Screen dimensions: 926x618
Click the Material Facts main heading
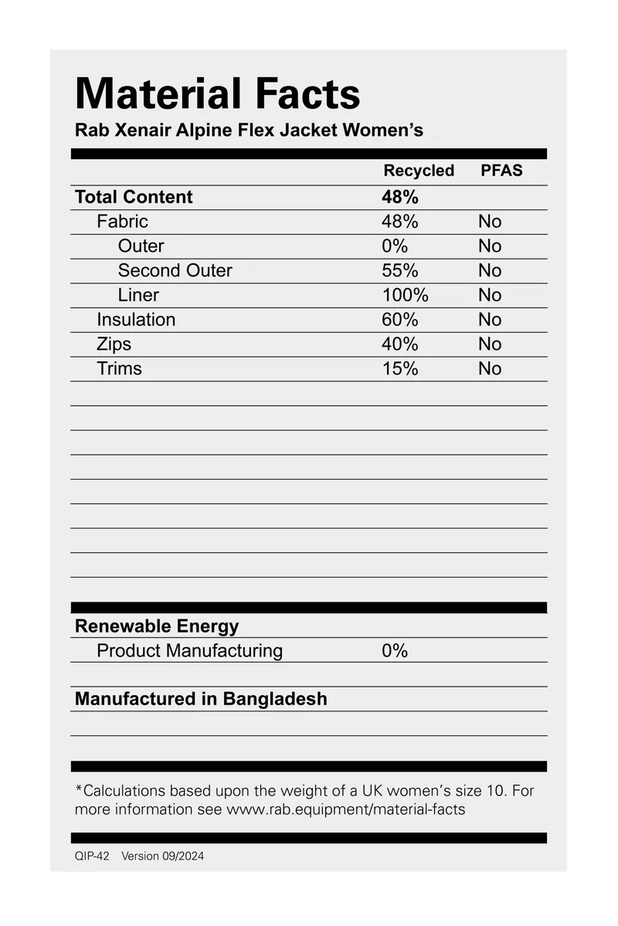tap(218, 94)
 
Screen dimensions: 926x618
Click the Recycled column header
tap(419, 171)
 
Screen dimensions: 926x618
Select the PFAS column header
tap(501, 171)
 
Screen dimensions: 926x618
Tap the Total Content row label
tap(134, 197)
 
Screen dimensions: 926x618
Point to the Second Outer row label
tap(175, 270)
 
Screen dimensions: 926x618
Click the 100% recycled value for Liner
tap(405, 295)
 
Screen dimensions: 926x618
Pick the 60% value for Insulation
tap(400, 320)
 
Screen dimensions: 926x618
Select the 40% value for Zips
tap(400, 344)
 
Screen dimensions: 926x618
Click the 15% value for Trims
tap(400, 369)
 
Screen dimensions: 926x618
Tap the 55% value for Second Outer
tap(400, 270)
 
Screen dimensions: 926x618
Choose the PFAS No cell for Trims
tap(490, 369)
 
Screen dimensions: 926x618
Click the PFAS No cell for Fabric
tap(490, 222)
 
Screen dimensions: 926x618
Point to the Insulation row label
tap(136, 320)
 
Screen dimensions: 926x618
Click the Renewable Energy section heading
tap(157, 626)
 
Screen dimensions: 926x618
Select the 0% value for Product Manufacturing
tap(395, 651)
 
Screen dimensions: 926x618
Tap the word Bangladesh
tap(275, 699)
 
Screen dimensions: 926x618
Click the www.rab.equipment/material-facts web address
tap(345, 810)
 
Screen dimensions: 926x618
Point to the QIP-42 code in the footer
tap(92, 856)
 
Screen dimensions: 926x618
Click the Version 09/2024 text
tap(163, 856)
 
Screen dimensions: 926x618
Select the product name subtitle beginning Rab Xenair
tap(249, 130)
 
